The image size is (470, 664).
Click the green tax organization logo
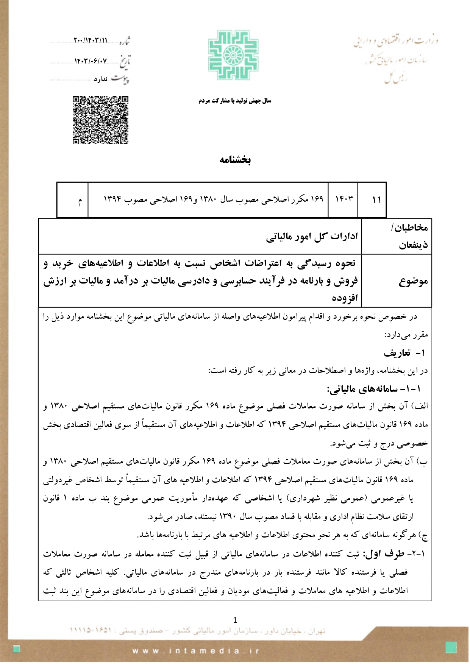click(234, 55)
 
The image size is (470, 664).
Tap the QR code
click(100, 120)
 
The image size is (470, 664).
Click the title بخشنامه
click(235, 159)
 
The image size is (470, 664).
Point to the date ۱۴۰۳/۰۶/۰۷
click(91, 61)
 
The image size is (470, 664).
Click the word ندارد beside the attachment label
click(101, 79)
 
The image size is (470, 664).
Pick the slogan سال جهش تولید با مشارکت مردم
click(235, 101)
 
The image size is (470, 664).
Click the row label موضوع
click(413, 281)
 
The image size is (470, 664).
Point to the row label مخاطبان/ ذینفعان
click(412, 236)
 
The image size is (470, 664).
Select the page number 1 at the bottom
click(235, 620)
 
